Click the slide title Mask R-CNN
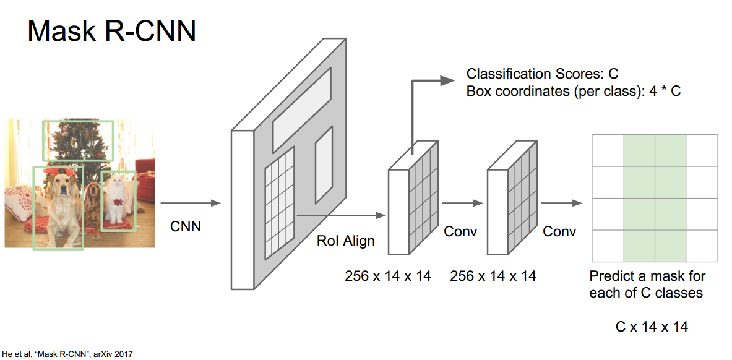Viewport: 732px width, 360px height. tap(111, 31)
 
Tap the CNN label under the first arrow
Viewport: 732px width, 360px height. tap(186, 226)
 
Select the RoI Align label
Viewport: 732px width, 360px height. tap(346, 241)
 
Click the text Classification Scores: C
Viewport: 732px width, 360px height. tap(542, 74)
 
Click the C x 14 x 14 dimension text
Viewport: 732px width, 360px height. tap(652, 327)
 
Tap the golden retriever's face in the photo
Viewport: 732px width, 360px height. tap(61, 184)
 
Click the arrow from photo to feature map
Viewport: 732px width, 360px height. tap(190, 203)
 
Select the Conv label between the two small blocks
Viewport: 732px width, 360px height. tap(460, 231)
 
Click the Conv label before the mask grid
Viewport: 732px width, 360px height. tap(559, 231)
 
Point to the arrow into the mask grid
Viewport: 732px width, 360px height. tap(561, 203)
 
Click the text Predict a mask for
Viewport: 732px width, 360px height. tap(647, 276)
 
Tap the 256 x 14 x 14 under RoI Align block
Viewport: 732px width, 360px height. tap(387, 276)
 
